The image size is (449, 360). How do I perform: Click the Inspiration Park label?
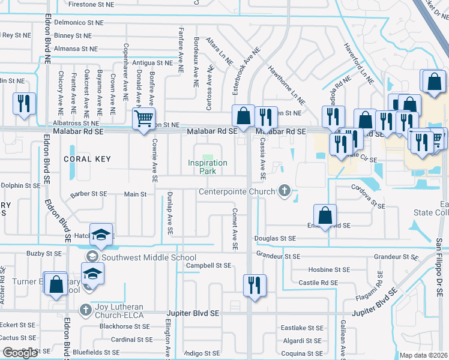point(208,167)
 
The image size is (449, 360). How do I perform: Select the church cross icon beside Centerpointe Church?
point(285,192)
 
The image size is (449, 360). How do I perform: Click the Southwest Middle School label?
point(140,257)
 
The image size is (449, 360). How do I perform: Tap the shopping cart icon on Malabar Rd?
point(144,119)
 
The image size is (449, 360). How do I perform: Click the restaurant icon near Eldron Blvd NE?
point(24,103)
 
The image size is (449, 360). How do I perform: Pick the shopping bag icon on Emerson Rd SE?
point(325,215)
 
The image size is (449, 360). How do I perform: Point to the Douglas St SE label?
point(275,238)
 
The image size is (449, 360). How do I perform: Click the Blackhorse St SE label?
point(125,327)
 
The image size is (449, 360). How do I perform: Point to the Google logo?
point(20,353)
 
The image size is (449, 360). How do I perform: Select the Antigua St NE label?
point(152,62)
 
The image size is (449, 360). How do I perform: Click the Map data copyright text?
point(424,355)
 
